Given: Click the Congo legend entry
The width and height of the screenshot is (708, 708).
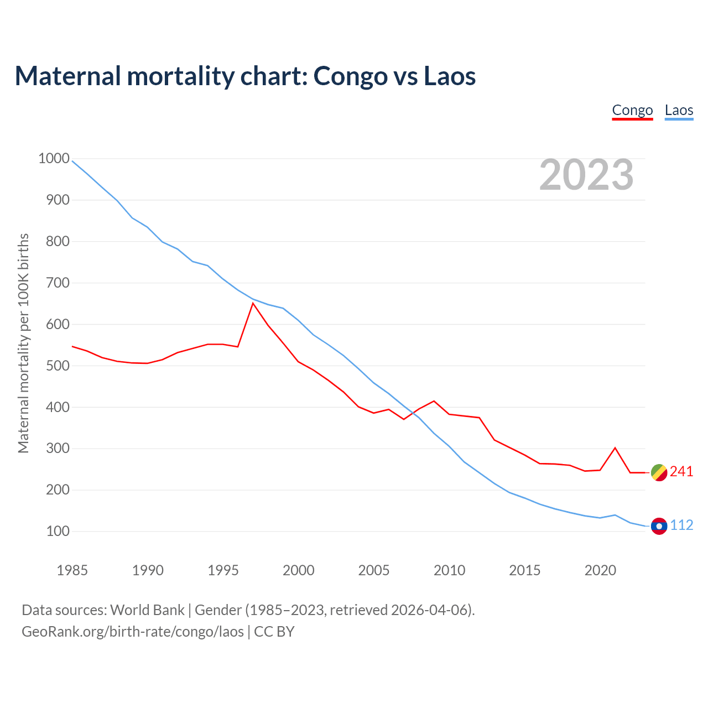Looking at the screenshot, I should coord(632,110).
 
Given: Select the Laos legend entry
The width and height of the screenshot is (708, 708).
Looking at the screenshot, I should coord(679,110).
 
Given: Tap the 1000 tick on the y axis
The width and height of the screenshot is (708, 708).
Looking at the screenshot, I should coord(54,159).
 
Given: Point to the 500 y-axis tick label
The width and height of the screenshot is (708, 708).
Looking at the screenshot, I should coord(54,366).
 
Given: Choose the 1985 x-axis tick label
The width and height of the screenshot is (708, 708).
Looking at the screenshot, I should coord(72,570).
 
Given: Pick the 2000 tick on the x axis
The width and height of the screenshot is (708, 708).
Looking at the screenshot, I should coord(299,570).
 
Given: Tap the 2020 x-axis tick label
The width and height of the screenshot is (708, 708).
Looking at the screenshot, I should coord(600,570).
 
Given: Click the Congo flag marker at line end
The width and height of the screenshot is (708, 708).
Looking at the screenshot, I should coord(659,472).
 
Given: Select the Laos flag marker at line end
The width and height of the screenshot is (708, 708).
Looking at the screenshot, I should coord(659,526).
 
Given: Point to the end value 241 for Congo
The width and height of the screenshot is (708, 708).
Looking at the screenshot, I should coord(681,472).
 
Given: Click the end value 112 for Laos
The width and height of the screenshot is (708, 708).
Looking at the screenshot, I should coord(681,525).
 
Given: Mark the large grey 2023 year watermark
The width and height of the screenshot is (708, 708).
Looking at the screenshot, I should coord(586,175).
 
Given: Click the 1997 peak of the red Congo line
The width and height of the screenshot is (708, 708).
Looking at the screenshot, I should coord(253,303).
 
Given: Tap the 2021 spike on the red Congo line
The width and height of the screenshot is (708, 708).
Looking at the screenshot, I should coord(615,448).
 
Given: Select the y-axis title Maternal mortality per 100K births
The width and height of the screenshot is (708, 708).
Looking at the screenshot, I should coord(23,343).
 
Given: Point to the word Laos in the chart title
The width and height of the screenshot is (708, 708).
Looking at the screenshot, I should coord(450,76).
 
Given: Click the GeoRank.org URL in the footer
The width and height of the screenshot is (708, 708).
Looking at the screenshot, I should coord(133,632).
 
